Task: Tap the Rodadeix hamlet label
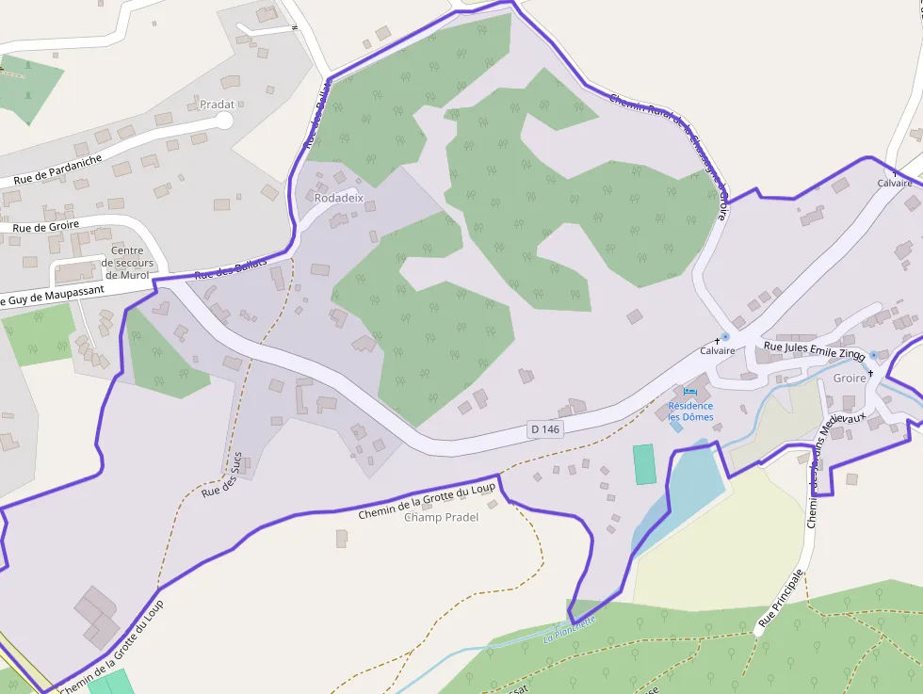click(338, 199)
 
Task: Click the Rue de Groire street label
click(46, 227)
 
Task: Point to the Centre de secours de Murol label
click(127, 263)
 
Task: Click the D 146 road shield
click(545, 429)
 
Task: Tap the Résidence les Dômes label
click(690, 412)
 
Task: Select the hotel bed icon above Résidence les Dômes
click(690, 391)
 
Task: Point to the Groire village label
click(850, 378)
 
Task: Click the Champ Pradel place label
click(441, 518)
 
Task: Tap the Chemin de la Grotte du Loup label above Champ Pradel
click(427, 502)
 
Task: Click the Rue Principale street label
click(781, 599)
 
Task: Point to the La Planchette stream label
click(570, 629)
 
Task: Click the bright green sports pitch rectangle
click(644, 464)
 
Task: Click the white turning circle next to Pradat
click(224, 121)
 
